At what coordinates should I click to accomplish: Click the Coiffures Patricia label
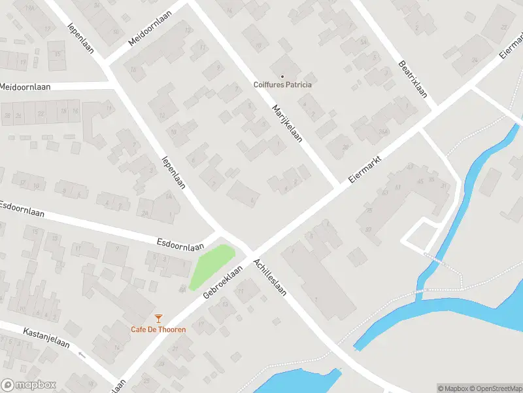pyautogui.click(x=282, y=84)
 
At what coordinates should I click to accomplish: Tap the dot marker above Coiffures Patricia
pyautogui.click(x=282, y=76)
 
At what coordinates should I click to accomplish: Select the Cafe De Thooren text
pyautogui.click(x=158, y=329)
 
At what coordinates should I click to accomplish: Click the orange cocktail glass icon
pyautogui.click(x=158, y=318)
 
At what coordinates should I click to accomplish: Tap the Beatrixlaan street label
pyautogui.click(x=413, y=80)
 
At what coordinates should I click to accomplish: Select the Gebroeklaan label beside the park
pyautogui.click(x=223, y=283)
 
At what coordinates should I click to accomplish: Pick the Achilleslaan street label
pyautogui.click(x=275, y=276)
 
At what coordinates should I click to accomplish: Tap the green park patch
pyautogui.click(x=211, y=265)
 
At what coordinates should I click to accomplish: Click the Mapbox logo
pyautogui.click(x=28, y=385)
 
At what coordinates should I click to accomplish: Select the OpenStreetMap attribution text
pyautogui.click(x=496, y=388)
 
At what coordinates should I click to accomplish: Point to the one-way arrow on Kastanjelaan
pyautogui.click(x=82, y=354)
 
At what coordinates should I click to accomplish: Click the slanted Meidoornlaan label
pyautogui.click(x=149, y=28)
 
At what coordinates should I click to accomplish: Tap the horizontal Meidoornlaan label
pyautogui.click(x=25, y=87)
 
